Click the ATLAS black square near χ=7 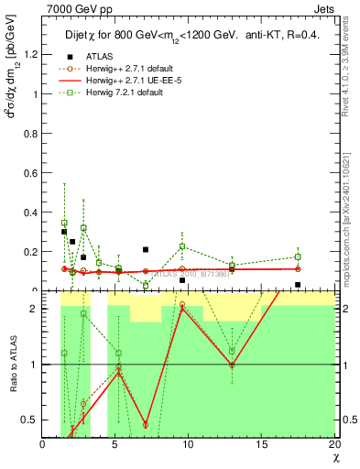(146, 249)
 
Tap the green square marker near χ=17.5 (298, 256)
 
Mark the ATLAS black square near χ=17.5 (298, 285)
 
